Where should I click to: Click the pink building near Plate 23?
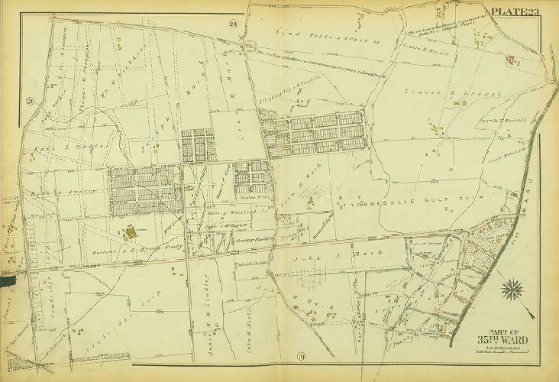[511, 59]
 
